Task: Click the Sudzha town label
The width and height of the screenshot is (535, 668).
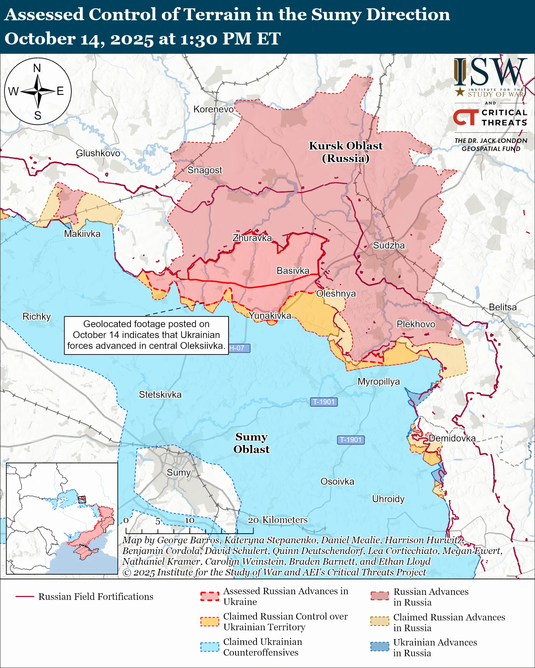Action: [x=389, y=245]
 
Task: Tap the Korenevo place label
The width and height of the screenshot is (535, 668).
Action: [x=213, y=109]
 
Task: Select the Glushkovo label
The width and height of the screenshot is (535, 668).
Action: [x=98, y=153]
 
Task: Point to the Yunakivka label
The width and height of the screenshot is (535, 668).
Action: [x=270, y=316]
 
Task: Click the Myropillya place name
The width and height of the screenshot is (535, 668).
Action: [x=379, y=381]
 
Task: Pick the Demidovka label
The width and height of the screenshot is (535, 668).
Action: [x=452, y=438]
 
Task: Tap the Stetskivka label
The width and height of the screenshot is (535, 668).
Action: [x=160, y=394]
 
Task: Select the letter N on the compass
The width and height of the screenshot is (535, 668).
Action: [x=37, y=68]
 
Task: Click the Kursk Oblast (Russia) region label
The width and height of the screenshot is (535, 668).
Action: [x=345, y=152]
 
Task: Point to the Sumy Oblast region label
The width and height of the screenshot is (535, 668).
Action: [x=251, y=443]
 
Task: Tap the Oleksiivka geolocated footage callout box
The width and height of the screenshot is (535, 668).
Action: [x=146, y=335]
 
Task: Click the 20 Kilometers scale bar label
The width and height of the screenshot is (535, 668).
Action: [x=277, y=519]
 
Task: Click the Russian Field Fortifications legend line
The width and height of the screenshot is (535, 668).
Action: [x=25, y=597]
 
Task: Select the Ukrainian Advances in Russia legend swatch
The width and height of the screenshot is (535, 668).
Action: [x=380, y=647]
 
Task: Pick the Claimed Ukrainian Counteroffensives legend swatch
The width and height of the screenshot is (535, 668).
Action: [x=210, y=647]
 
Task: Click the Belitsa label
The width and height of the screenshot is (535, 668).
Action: [x=503, y=307]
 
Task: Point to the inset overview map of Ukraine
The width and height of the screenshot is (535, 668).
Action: [x=62, y=518]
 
